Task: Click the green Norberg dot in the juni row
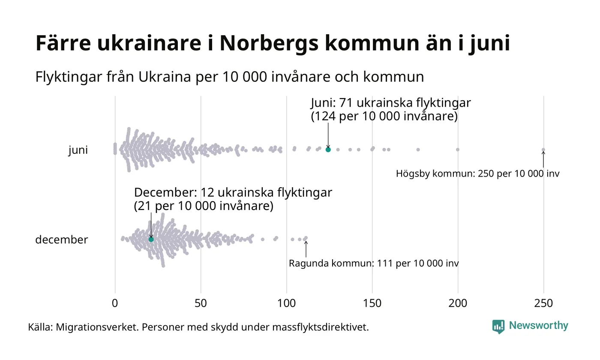click(x=328, y=150)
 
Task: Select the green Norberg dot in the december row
click(x=151, y=239)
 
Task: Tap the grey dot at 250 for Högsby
click(x=543, y=150)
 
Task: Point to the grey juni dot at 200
click(x=458, y=150)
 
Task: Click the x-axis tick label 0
click(x=115, y=303)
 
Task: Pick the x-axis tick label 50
click(x=201, y=303)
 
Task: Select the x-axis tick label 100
click(x=286, y=303)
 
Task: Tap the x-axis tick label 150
click(x=372, y=303)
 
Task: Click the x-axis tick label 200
click(x=458, y=303)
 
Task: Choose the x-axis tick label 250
click(x=543, y=303)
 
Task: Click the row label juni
click(x=78, y=150)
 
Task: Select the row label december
click(x=61, y=240)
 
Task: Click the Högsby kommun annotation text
click(x=477, y=174)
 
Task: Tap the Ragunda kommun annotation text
click(x=373, y=263)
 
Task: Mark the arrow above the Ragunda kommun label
click(x=306, y=249)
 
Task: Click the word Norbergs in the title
click(x=268, y=43)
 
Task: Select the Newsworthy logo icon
click(x=498, y=327)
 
